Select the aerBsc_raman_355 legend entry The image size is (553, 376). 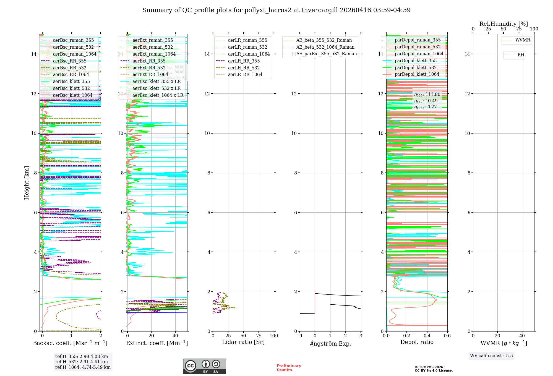click(73, 40)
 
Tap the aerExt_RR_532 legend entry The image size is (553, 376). click(149, 68)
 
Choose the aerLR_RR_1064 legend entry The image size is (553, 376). click(245, 75)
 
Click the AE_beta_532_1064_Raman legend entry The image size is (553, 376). click(325, 47)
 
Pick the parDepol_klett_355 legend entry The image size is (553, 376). click(416, 61)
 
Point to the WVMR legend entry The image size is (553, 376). click(523, 40)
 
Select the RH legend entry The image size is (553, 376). click(521, 55)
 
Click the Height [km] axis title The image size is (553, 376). click(27, 182)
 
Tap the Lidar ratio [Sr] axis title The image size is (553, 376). click(243, 342)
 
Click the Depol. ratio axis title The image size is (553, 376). click(417, 342)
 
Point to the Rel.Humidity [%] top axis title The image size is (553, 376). click(504, 24)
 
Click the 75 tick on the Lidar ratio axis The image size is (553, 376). click(259, 336)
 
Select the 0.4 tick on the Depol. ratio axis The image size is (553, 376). click(427, 336)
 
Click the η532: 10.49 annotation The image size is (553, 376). click(426, 101)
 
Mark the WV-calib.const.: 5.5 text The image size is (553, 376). click(491, 356)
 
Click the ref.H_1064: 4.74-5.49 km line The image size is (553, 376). click(83, 367)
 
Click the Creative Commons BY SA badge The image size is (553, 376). click(204, 366)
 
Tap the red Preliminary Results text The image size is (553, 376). click(289, 368)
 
